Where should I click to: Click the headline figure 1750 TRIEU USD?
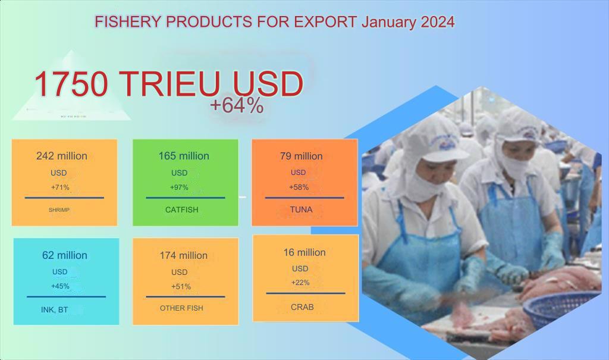coord(168,84)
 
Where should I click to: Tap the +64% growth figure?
coord(237,105)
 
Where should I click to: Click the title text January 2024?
coord(408,22)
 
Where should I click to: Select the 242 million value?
coord(62,156)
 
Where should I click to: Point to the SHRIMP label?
coord(59,210)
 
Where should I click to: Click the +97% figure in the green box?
coord(179,187)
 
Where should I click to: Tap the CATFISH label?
coord(182,209)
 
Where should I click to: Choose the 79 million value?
coord(302,156)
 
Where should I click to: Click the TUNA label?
coord(301,209)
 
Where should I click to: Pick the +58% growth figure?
coord(299,187)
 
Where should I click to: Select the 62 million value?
coord(64,255)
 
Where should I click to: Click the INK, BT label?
coord(54,310)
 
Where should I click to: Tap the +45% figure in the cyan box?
coord(60,286)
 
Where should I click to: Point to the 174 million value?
coord(183,255)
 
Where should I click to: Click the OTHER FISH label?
coord(181,308)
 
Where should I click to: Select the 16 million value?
coord(304,252)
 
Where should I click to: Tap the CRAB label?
coord(302,307)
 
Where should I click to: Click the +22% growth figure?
coord(300,283)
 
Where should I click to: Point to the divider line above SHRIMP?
coord(64,198)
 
